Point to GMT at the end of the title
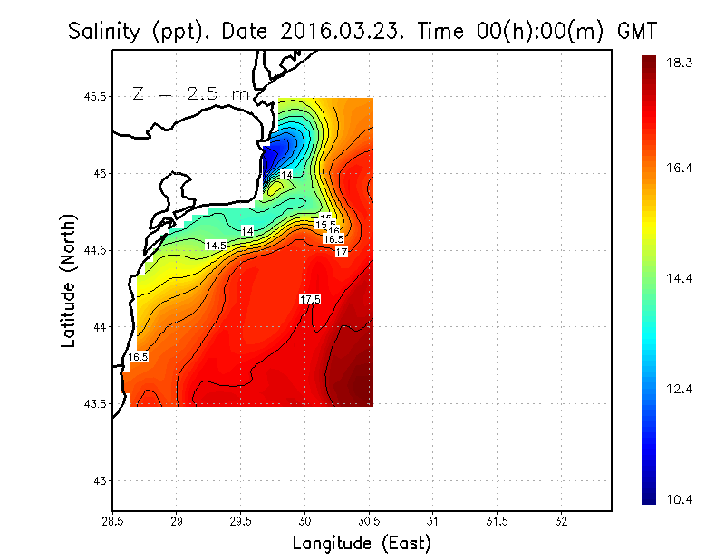pyautogui.click(x=635, y=32)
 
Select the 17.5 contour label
pyautogui.click(x=310, y=299)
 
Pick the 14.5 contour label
pyautogui.click(x=215, y=246)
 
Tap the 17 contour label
pyautogui.click(x=342, y=252)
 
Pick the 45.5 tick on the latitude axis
pyautogui.click(x=94, y=97)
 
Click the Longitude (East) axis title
pyautogui.click(x=361, y=544)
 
